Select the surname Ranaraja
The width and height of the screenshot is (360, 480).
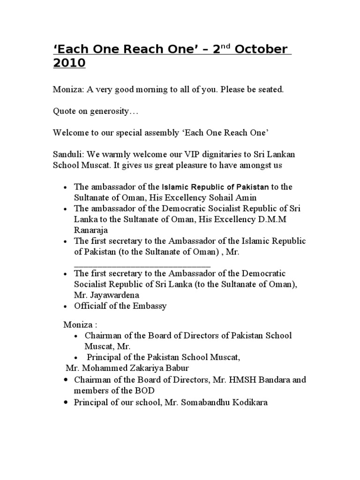coord(92,230)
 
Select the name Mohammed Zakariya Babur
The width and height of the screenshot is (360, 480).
coord(123,367)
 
